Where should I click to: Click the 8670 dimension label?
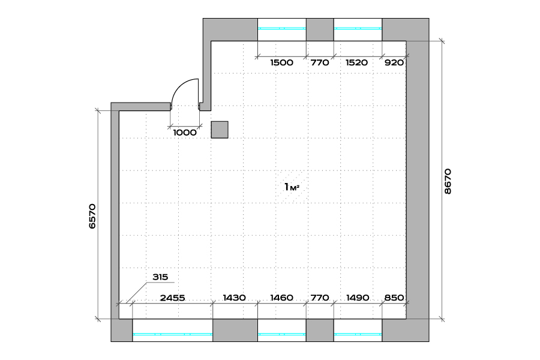[x=448, y=181]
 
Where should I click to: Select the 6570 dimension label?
[x=92, y=217]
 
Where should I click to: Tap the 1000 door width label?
[x=185, y=133]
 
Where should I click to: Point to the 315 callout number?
[x=160, y=277]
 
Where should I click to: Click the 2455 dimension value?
[x=173, y=298]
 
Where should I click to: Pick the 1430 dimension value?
[x=234, y=298]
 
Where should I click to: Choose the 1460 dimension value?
[x=282, y=298]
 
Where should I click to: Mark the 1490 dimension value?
[x=358, y=298]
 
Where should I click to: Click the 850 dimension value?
[x=394, y=298]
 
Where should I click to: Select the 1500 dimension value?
[x=282, y=62]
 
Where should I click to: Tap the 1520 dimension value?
[x=356, y=62]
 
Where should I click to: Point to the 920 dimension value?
[x=394, y=62]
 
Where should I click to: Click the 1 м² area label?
[x=292, y=187]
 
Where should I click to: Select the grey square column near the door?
[x=220, y=130]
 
